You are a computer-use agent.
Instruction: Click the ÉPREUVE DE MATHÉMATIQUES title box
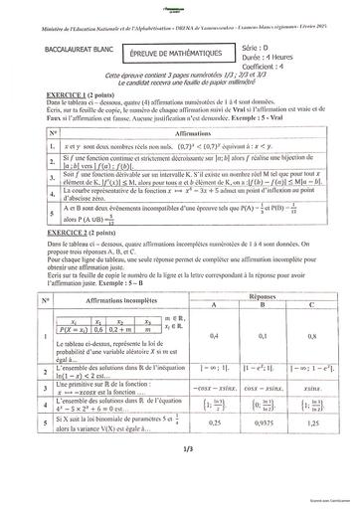[x=178, y=49]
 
